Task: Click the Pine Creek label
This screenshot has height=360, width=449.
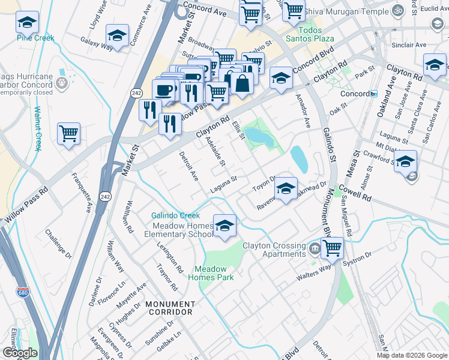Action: point(35,38)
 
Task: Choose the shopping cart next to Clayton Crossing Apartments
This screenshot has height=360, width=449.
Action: point(331,248)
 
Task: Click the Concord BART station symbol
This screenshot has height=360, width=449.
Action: point(373,94)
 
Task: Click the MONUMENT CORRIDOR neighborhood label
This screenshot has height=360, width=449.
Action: point(169,308)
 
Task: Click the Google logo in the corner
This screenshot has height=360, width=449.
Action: point(19,353)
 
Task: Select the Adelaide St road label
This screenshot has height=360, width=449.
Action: point(215,151)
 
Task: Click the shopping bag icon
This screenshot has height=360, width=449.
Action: point(242,83)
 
